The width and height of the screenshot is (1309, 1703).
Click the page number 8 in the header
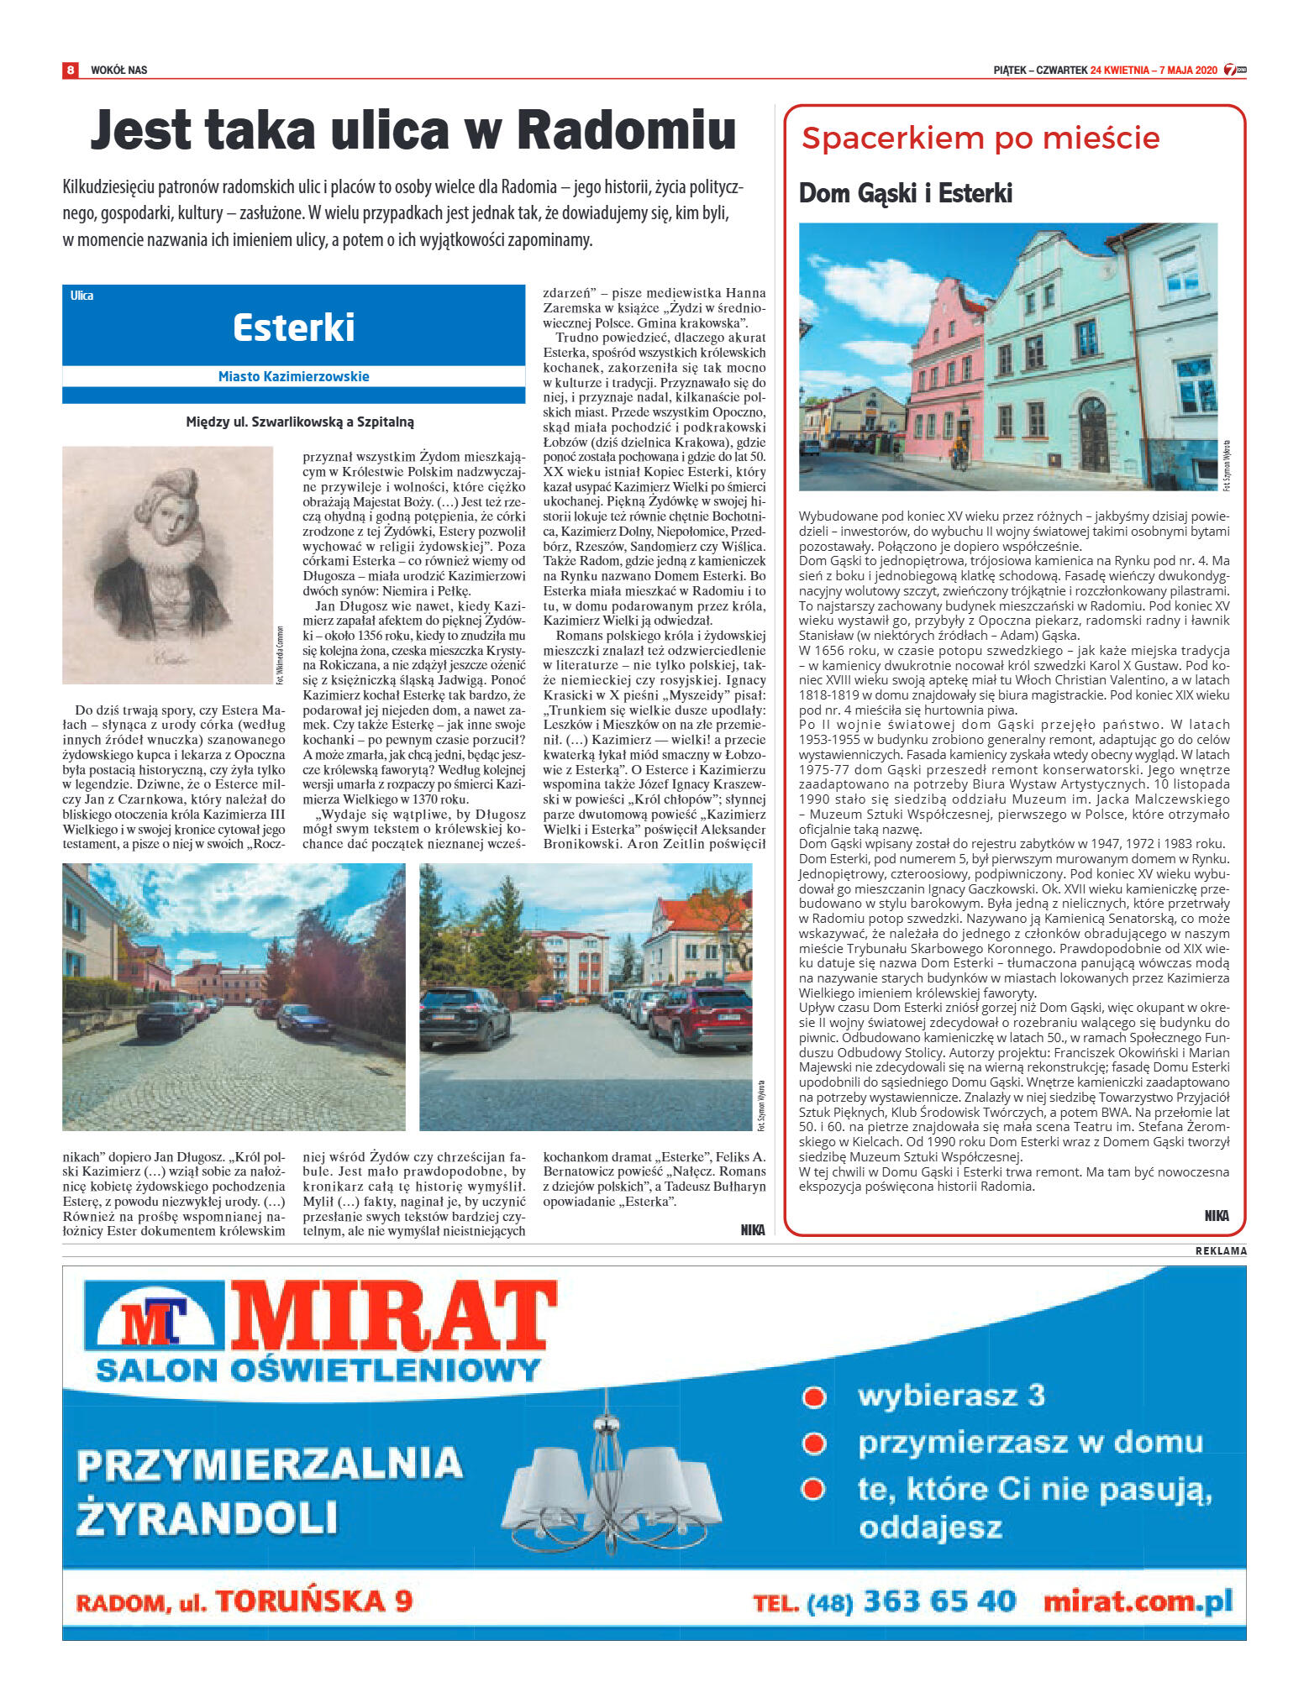[x=71, y=70]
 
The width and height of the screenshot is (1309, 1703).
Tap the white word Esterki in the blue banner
[x=293, y=327]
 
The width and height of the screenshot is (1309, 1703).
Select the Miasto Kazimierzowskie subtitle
[x=293, y=376]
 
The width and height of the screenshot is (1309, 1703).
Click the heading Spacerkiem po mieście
[x=980, y=139]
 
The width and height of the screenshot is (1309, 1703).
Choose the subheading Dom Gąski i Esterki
[x=905, y=194]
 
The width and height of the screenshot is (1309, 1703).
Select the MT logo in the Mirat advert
[x=154, y=1322]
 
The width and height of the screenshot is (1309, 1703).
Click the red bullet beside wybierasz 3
[x=812, y=1397]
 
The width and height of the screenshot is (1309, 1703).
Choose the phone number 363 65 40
[x=938, y=1601]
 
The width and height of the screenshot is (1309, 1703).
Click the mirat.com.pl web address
[x=1138, y=1601]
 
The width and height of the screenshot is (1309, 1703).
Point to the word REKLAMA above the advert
[x=1221, y=1250]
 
